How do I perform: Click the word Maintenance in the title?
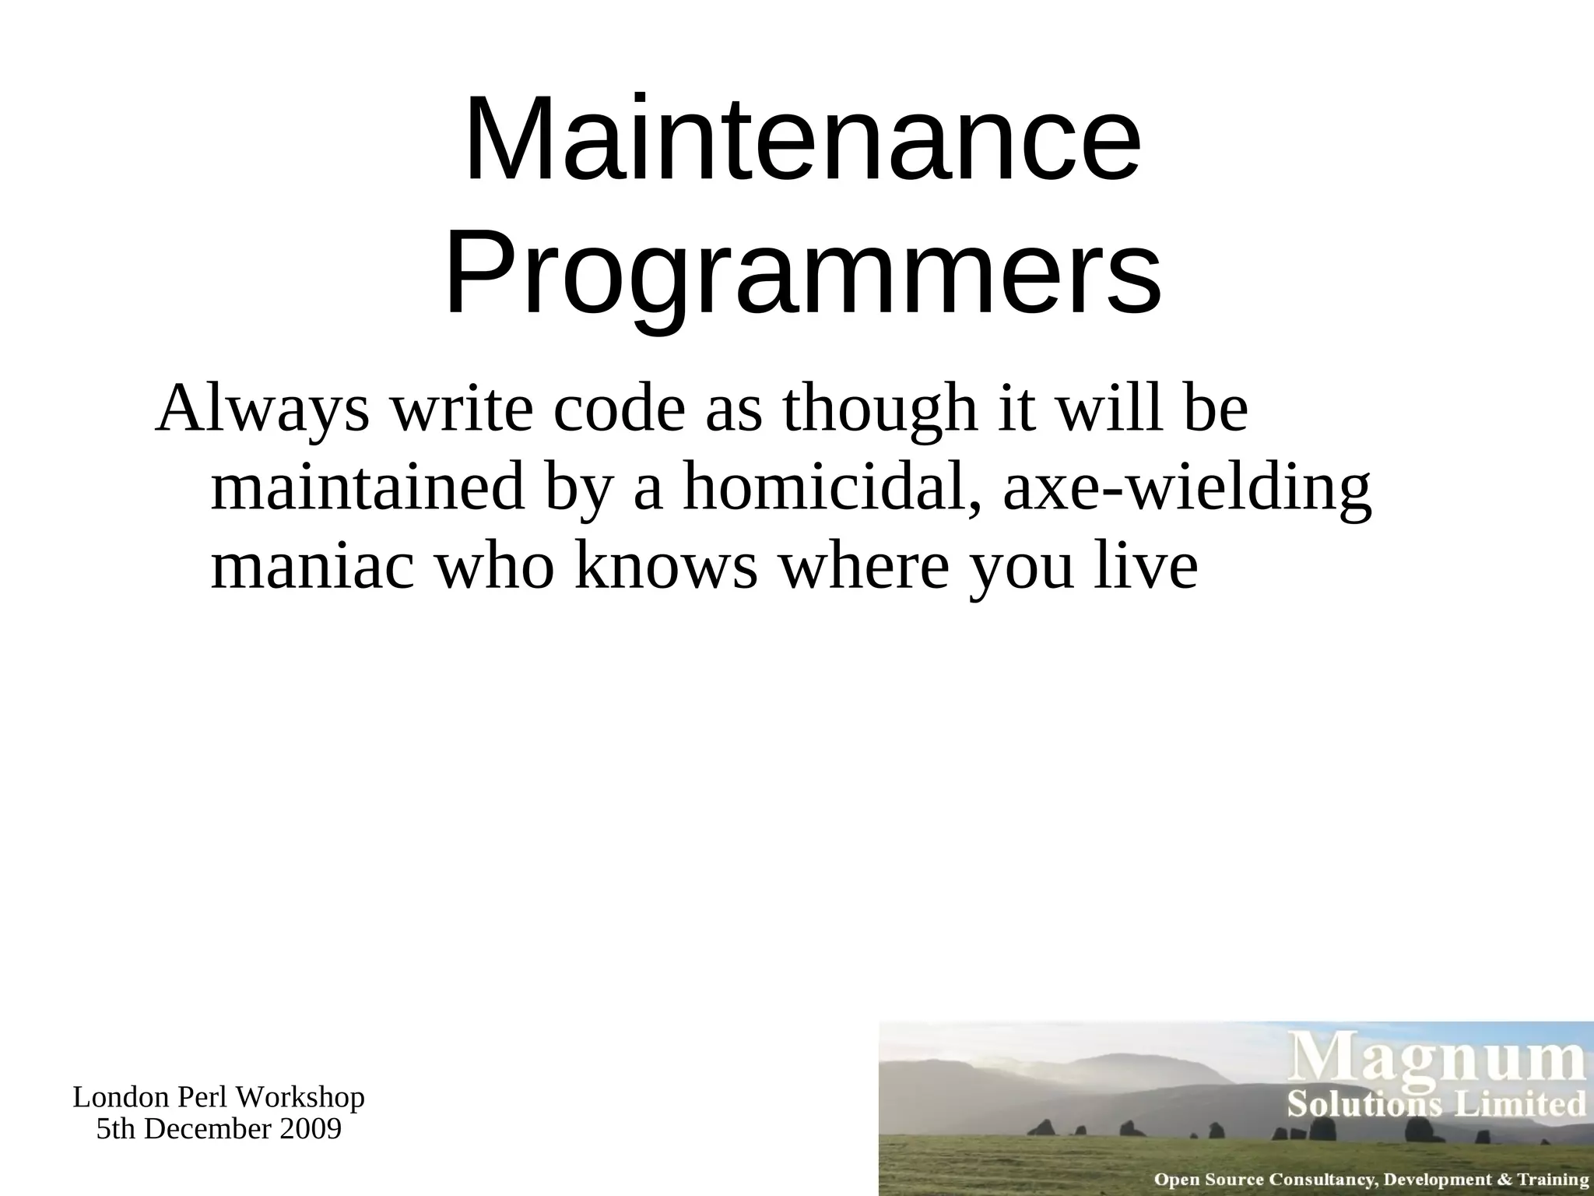pos(802,140)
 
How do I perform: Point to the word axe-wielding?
pos(1186,490)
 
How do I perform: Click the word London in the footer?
pos(121,1098)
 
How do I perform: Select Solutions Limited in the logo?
pos(1436,1104)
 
